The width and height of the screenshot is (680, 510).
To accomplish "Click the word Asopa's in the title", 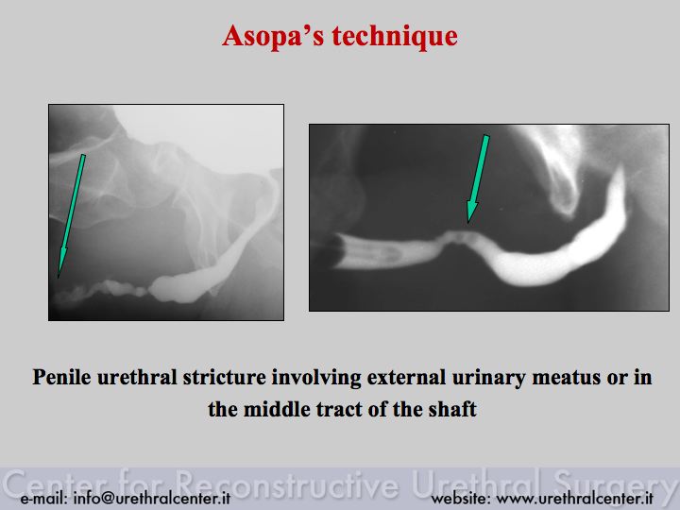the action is pyautogui.click(x=273, y=36).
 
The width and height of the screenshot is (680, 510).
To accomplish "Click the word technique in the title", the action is pyautogui.click(x=395, y=37).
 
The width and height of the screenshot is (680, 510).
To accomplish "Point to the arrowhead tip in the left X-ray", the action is pyautogui.click(x=59, y=278).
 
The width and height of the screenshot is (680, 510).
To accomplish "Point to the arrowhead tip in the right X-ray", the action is pyautogui.click(x=467, y=223).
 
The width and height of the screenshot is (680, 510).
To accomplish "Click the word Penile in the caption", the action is pyautogui.click(x=61, y=377).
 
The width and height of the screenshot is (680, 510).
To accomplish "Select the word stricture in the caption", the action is pyautogui.click(x=224, y=377).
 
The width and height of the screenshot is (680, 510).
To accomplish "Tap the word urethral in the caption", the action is pyautogui.click(x=137, y=377).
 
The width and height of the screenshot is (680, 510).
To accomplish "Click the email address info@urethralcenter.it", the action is pyautogui.click(x=152, y=498).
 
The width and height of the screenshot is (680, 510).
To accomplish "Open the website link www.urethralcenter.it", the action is pyautogui.click(x=574, y=498).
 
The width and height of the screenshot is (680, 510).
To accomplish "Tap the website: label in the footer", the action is pyautogui.click(x=461, y=498).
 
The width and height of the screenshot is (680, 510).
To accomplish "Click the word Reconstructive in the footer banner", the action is pyautogui.click(x=287, y=484).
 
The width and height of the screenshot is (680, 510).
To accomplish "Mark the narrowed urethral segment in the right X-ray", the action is pyautogui.click(x=459, y=238).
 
